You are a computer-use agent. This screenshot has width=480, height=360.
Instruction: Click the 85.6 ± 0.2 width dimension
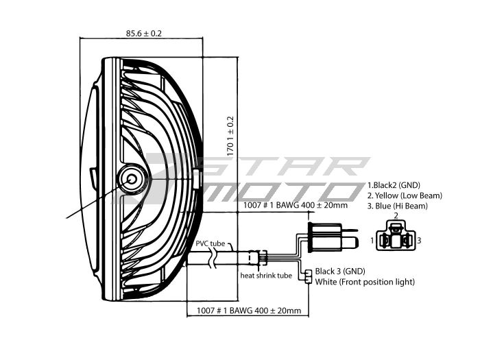[144, 33]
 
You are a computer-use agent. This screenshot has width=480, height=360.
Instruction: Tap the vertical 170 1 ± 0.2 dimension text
[230, 136]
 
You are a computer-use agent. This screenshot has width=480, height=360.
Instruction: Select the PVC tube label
[210, 244]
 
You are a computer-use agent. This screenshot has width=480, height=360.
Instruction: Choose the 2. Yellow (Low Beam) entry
[405, 195]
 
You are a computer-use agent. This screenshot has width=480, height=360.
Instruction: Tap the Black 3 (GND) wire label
[338, 271]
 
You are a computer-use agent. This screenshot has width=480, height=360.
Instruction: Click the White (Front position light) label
[364, 282]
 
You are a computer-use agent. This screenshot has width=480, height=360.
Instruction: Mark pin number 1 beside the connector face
[372, 241]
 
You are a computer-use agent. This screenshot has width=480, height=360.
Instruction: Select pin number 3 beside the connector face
[418, 241]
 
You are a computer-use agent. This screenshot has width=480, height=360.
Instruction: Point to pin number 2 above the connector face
[395, 216]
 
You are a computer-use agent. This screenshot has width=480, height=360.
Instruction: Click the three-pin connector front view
[395, 239]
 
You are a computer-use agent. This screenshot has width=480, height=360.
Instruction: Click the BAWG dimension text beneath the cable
[248, 311]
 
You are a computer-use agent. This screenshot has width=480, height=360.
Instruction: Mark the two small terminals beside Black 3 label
[309, 276]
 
